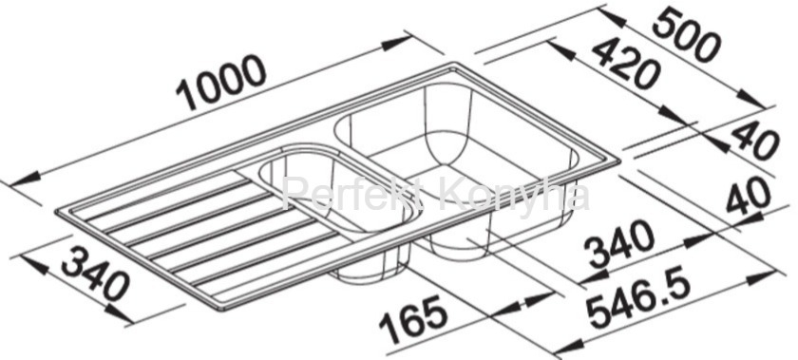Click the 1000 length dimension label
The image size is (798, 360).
tap(220, 82)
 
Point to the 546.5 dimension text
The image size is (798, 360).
tap(638, 303)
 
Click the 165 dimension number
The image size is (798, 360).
tap(413, 320)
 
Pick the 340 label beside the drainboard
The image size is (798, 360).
tap(95, 273)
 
